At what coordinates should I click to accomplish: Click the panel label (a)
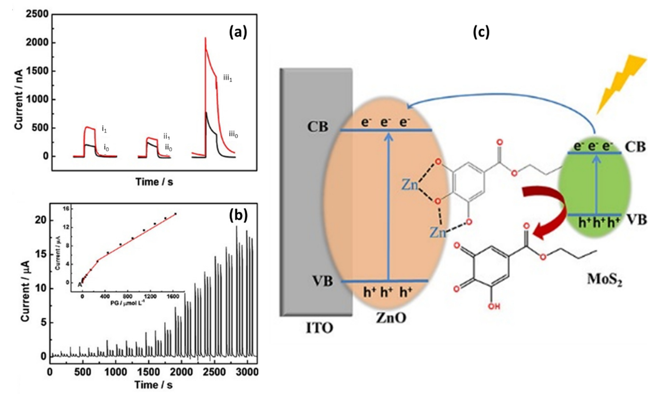pyautogui.click(x=238, y=33)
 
